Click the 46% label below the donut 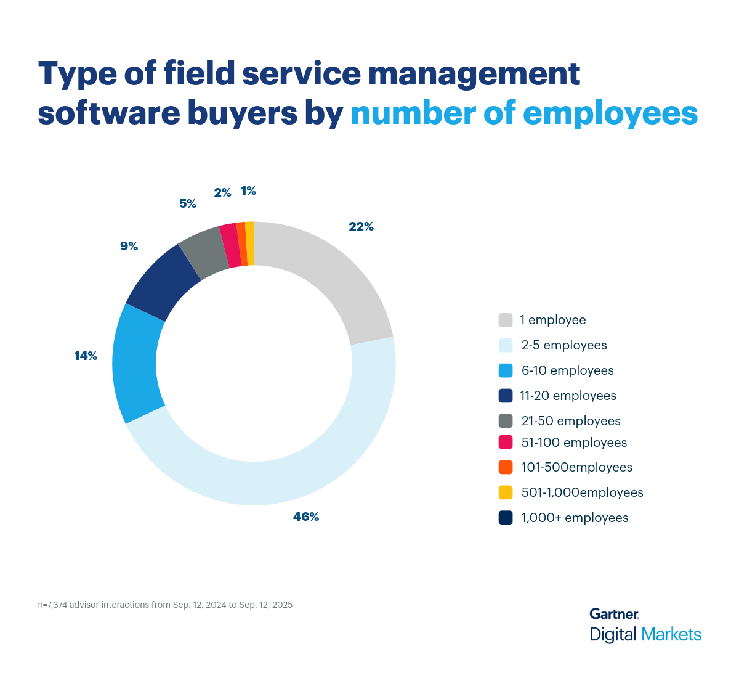point(306,517)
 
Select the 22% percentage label point(361,226)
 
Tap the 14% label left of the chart point(86,356)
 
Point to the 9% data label point(129,246)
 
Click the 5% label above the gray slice point(188,203)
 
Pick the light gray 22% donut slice point(333,271)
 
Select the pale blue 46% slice point(277,481)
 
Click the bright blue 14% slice point(135,364)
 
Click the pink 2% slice point(229,245)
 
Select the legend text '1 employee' point(552,320)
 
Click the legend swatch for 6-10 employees point(506,370)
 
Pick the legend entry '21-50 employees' point(570,421)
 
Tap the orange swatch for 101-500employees point(506,467)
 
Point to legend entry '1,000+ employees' point(575,518)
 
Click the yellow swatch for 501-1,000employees point(506,492)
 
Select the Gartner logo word point(613,614)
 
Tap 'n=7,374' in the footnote point(52,605)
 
